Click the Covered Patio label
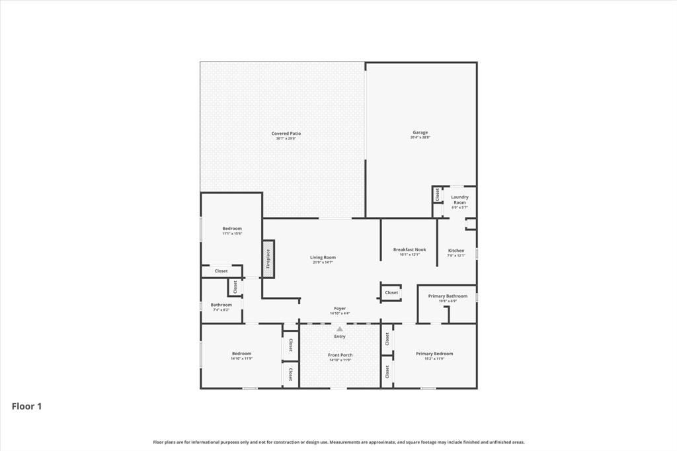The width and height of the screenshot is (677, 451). point(286,134)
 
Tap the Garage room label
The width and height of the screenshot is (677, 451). point(420,132)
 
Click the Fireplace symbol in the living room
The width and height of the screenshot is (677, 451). point(268,259)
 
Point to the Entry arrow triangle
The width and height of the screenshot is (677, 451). point(340,329)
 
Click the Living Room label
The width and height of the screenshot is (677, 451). point(323,257)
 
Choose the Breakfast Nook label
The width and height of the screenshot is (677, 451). point(409,250)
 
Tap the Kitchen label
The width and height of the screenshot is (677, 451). point(456,251)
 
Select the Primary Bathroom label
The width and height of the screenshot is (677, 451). point(448,296)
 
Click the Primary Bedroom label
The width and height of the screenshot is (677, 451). point(434,354)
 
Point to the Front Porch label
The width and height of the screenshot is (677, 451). point(340,355)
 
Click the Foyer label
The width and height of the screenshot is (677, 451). point(340,308)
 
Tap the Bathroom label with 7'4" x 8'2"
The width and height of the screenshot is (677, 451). point(221,305)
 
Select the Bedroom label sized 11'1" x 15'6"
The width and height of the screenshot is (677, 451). point(231,229)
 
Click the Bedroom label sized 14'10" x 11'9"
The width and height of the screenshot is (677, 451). point(241,354)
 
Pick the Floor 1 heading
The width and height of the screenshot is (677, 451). point(26,407)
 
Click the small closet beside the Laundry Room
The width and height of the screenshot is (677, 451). point(437,194)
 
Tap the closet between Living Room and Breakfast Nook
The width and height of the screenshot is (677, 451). point(391,292)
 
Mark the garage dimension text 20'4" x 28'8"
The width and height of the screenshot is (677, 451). point(420,138)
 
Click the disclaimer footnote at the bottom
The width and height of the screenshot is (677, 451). point(338,442)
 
